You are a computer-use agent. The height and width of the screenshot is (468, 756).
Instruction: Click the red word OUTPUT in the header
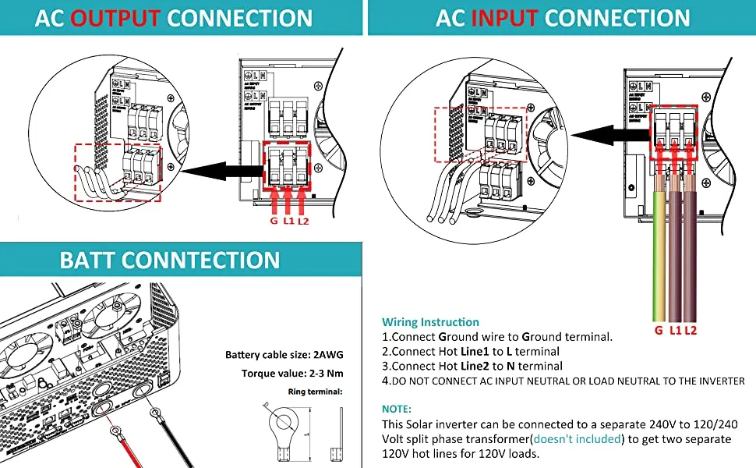(115, 17)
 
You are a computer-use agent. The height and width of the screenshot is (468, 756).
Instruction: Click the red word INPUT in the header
(509, 17)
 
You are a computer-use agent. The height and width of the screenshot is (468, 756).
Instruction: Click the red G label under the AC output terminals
(274, 220)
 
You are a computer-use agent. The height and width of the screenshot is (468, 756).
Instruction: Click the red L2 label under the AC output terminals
(304, 220)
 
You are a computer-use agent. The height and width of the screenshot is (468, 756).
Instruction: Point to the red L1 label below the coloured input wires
(675, 331)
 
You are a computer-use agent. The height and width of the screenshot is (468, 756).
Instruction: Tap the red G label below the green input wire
(659, 331)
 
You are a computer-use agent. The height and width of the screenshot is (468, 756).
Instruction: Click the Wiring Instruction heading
(430, 322)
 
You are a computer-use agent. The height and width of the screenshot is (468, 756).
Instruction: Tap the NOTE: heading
(397, 409)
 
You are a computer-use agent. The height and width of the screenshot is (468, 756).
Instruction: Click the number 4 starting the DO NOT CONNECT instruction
(385, 381)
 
